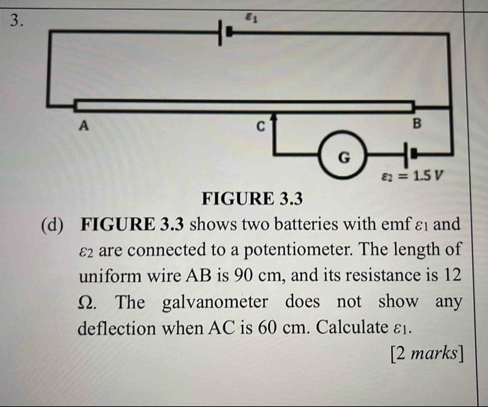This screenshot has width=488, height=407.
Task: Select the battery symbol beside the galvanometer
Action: [408, 155]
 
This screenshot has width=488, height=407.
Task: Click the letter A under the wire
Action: [85, 125]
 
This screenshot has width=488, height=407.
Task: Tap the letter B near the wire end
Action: [418, 124]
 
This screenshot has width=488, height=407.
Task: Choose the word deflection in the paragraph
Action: [116, 328]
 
